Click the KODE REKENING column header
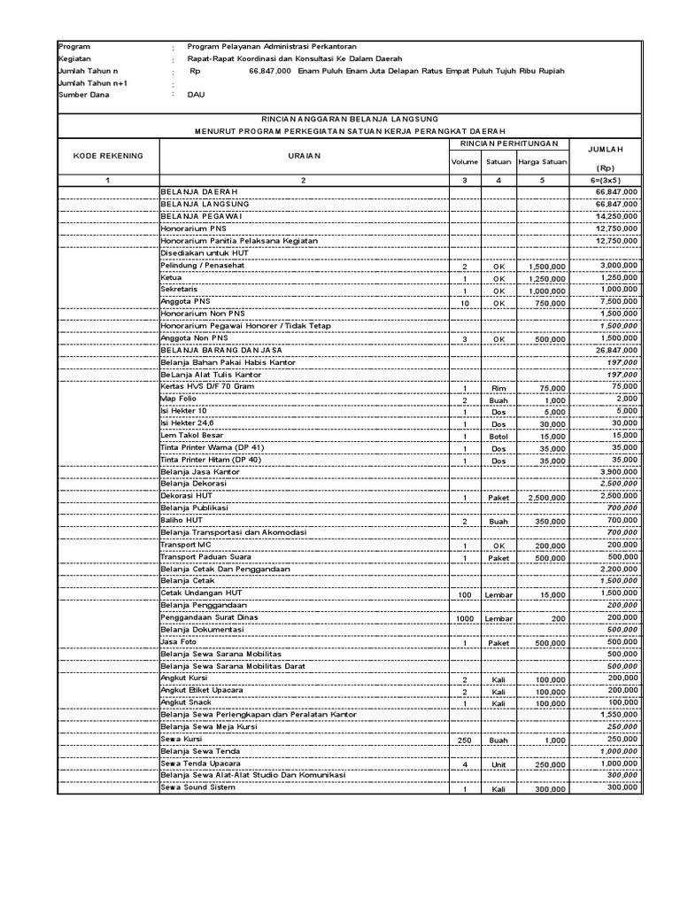(107, 156)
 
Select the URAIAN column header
(303, 156)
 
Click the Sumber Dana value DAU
(196, 95)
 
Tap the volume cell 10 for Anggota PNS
(464, 302)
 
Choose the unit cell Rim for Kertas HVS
(498, 388)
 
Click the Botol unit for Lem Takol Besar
(498, 437)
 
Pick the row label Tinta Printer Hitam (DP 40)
(211, 461)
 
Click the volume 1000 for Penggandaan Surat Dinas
(464, 617)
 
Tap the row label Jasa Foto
(178, 641)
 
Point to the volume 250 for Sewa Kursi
(464, 740)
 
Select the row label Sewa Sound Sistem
(198, 788)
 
